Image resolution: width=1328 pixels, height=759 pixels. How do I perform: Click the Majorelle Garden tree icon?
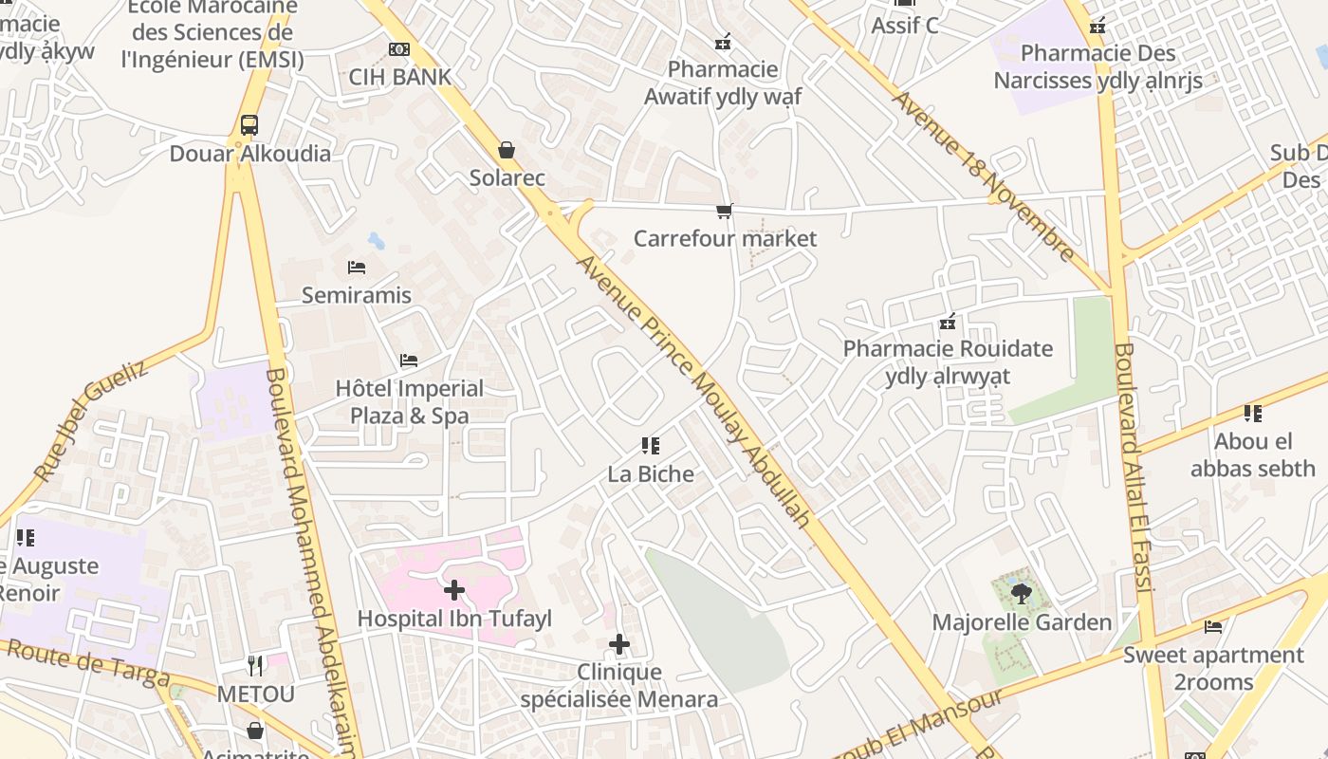tap(1021, 594)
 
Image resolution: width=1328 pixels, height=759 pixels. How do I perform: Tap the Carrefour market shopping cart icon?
tap(724, 211)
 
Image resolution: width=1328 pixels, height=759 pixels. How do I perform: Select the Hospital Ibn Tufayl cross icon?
tap(454, 590)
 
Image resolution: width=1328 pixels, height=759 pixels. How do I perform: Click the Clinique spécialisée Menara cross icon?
tap(619, 645)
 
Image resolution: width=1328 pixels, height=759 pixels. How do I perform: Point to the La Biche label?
tap(651, 473)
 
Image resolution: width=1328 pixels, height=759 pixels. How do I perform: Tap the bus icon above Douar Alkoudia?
tap(249, 125)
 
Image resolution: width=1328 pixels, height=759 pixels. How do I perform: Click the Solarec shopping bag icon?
tap(507, 150)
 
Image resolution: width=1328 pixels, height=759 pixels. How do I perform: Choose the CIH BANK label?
tap(399, 77)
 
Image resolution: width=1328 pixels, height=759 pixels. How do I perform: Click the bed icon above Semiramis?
tap(357, 268)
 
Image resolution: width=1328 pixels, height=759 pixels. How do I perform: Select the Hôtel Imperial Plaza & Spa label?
tap(410, 402)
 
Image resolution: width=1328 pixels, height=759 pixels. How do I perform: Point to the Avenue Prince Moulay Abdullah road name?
tap(695, 390)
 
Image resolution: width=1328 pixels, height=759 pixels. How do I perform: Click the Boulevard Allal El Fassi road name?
tap(1134, 467)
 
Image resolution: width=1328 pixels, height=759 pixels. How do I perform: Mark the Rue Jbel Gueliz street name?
tap(91, 419)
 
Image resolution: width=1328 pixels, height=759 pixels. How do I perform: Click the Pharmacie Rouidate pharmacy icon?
tap(947, 323)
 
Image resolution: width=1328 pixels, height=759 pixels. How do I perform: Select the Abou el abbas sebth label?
tap(1253, 454)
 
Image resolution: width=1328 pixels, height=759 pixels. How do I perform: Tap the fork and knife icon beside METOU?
tap(254, 666)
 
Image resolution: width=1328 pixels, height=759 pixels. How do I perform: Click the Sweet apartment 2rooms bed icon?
tap(1213, 626)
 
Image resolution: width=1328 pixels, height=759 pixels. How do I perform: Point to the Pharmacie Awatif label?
tap(723, 83)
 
